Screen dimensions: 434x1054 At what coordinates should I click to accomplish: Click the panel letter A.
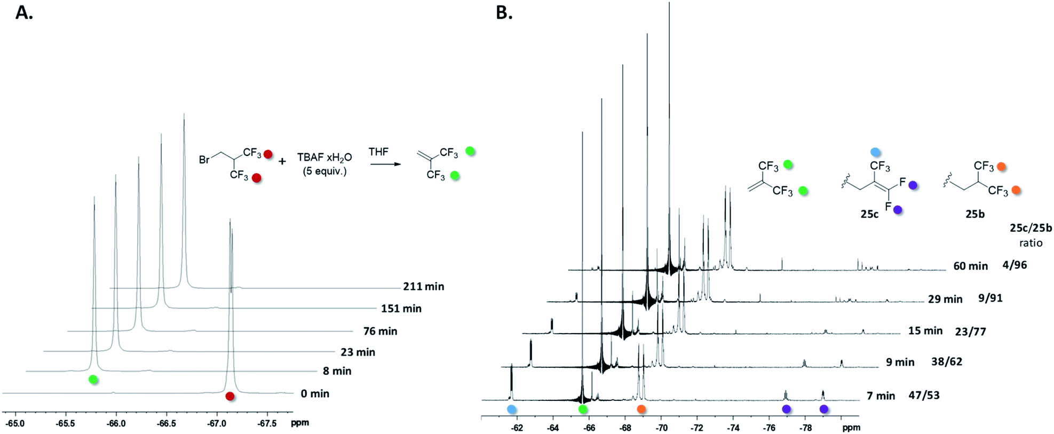(24, 12)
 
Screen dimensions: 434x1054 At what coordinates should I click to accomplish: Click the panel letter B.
(504, 12)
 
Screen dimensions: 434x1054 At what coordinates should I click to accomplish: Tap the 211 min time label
(423, 287)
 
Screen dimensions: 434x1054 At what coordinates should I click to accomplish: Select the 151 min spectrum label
(401, 309)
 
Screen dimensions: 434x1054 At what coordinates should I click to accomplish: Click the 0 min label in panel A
(315, 394)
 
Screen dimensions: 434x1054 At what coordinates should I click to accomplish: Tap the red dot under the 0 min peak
(229, 396)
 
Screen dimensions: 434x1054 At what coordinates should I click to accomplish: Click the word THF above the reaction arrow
(378, 152)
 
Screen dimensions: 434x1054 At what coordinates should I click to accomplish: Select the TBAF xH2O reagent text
(324, 157)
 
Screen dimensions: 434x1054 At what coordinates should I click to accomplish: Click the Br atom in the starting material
(204, 160)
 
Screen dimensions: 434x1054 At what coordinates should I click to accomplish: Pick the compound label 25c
(869, 214)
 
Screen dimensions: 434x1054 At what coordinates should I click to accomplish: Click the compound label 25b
(974, 214)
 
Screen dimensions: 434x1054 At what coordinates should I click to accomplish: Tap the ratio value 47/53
(924, 396)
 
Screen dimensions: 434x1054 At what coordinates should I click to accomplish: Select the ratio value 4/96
(1015, 265)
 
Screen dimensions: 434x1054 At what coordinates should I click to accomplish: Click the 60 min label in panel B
(970, 266)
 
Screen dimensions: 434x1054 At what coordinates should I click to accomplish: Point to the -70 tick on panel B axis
(661, 428)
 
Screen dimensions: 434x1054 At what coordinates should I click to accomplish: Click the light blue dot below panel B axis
(511, 409)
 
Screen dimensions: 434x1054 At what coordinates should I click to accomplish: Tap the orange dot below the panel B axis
(641, 409)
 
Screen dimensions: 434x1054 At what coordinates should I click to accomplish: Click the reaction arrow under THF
(385, 164)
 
